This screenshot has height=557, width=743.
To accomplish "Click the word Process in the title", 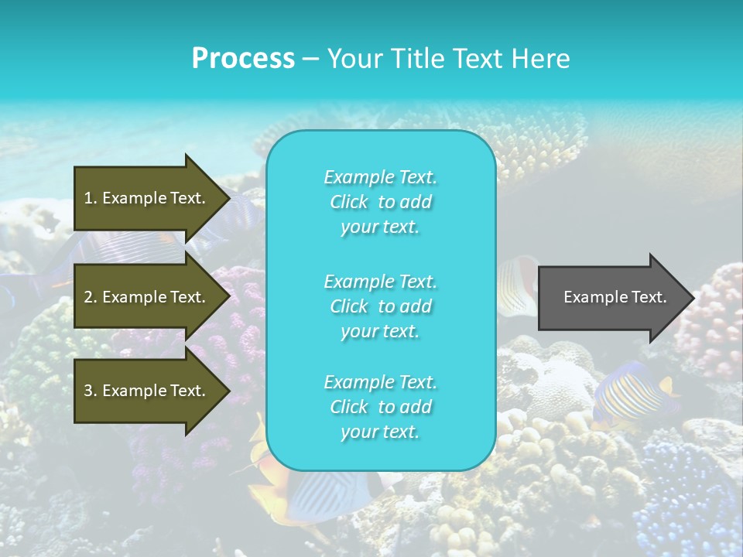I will pos(243,58).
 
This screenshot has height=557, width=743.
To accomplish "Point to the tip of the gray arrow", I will pos(693,298).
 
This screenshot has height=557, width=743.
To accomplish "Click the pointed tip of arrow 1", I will pos(228,198).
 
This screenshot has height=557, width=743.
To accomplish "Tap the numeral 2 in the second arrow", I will pos(88,297).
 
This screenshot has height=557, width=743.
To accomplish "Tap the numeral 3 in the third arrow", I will pos(88,391).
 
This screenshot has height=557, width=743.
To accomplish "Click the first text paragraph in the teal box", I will pos(380,202).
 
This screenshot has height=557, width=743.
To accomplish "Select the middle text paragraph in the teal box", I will pos(380,306).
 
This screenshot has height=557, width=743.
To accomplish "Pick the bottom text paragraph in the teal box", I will pos(380,407).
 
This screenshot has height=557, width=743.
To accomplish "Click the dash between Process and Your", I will pos(310,60).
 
